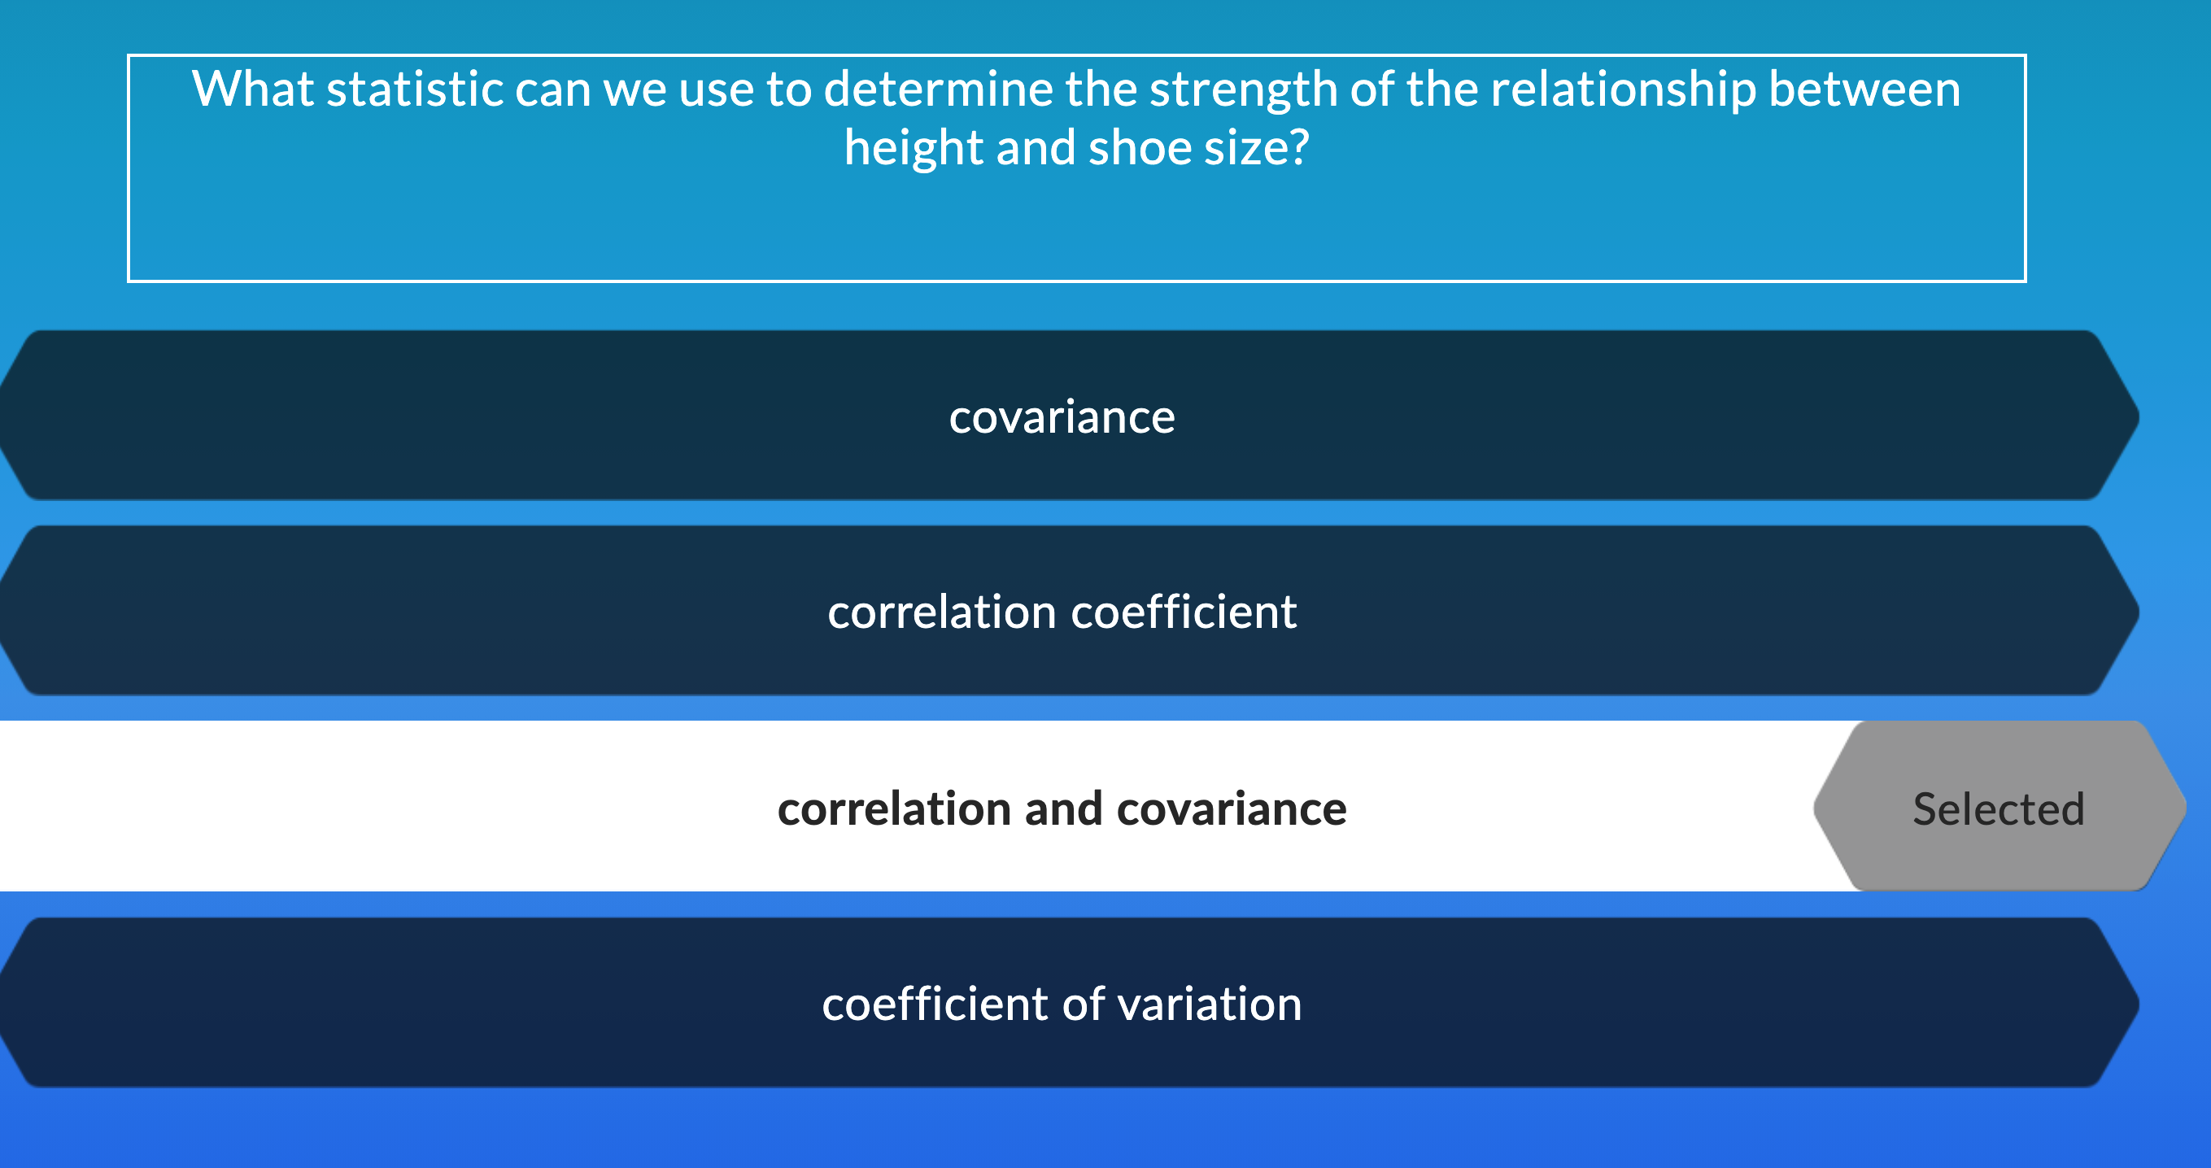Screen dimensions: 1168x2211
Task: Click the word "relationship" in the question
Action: pyautogui.click(x=1622, y=89)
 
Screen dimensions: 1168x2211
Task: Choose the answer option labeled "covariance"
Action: pyautogui.click(x=1062, y=418)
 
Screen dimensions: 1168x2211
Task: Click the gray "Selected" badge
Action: pyautogui.click(x=1998, y=808)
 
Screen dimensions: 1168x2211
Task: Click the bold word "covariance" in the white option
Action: pyautogui.click(x=1231, y=808)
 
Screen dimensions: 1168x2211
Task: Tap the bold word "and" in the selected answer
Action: pyautogui.click(x=1063, y=808)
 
